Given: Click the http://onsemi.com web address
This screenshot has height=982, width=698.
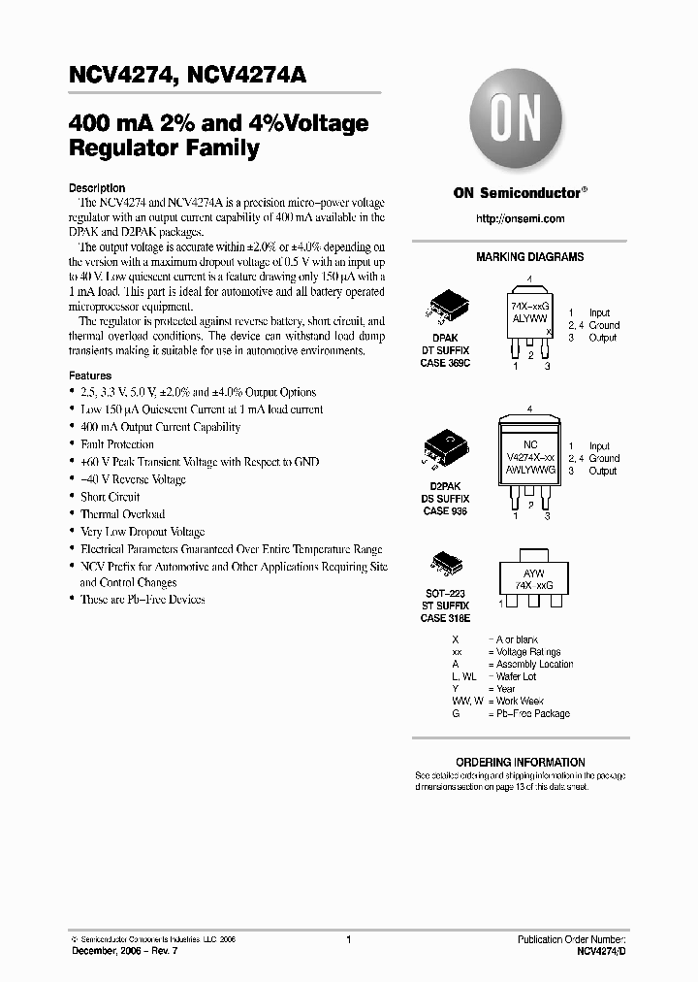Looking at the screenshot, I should pos(520,219).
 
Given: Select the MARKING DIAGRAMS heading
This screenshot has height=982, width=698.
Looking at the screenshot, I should pos(529,258).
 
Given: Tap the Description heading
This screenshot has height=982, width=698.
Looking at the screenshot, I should pos(97,188).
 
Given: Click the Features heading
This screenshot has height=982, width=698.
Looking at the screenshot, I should pos(90,376).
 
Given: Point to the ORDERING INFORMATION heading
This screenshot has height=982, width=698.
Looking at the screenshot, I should pos(521,763).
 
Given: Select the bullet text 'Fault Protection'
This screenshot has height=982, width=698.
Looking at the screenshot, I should pos(117,444).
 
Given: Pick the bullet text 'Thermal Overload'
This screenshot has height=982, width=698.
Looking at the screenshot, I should pos(122,514).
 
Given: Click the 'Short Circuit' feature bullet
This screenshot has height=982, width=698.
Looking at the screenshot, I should pos(110,497).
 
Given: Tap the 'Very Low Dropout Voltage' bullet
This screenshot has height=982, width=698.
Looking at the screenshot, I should pos(143,532).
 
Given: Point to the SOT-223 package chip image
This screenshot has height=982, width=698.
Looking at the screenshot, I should pos(444,567).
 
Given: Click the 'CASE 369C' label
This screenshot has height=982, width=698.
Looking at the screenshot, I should pos(445,363).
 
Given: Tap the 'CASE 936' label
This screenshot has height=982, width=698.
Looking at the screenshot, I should pos(445,511).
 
